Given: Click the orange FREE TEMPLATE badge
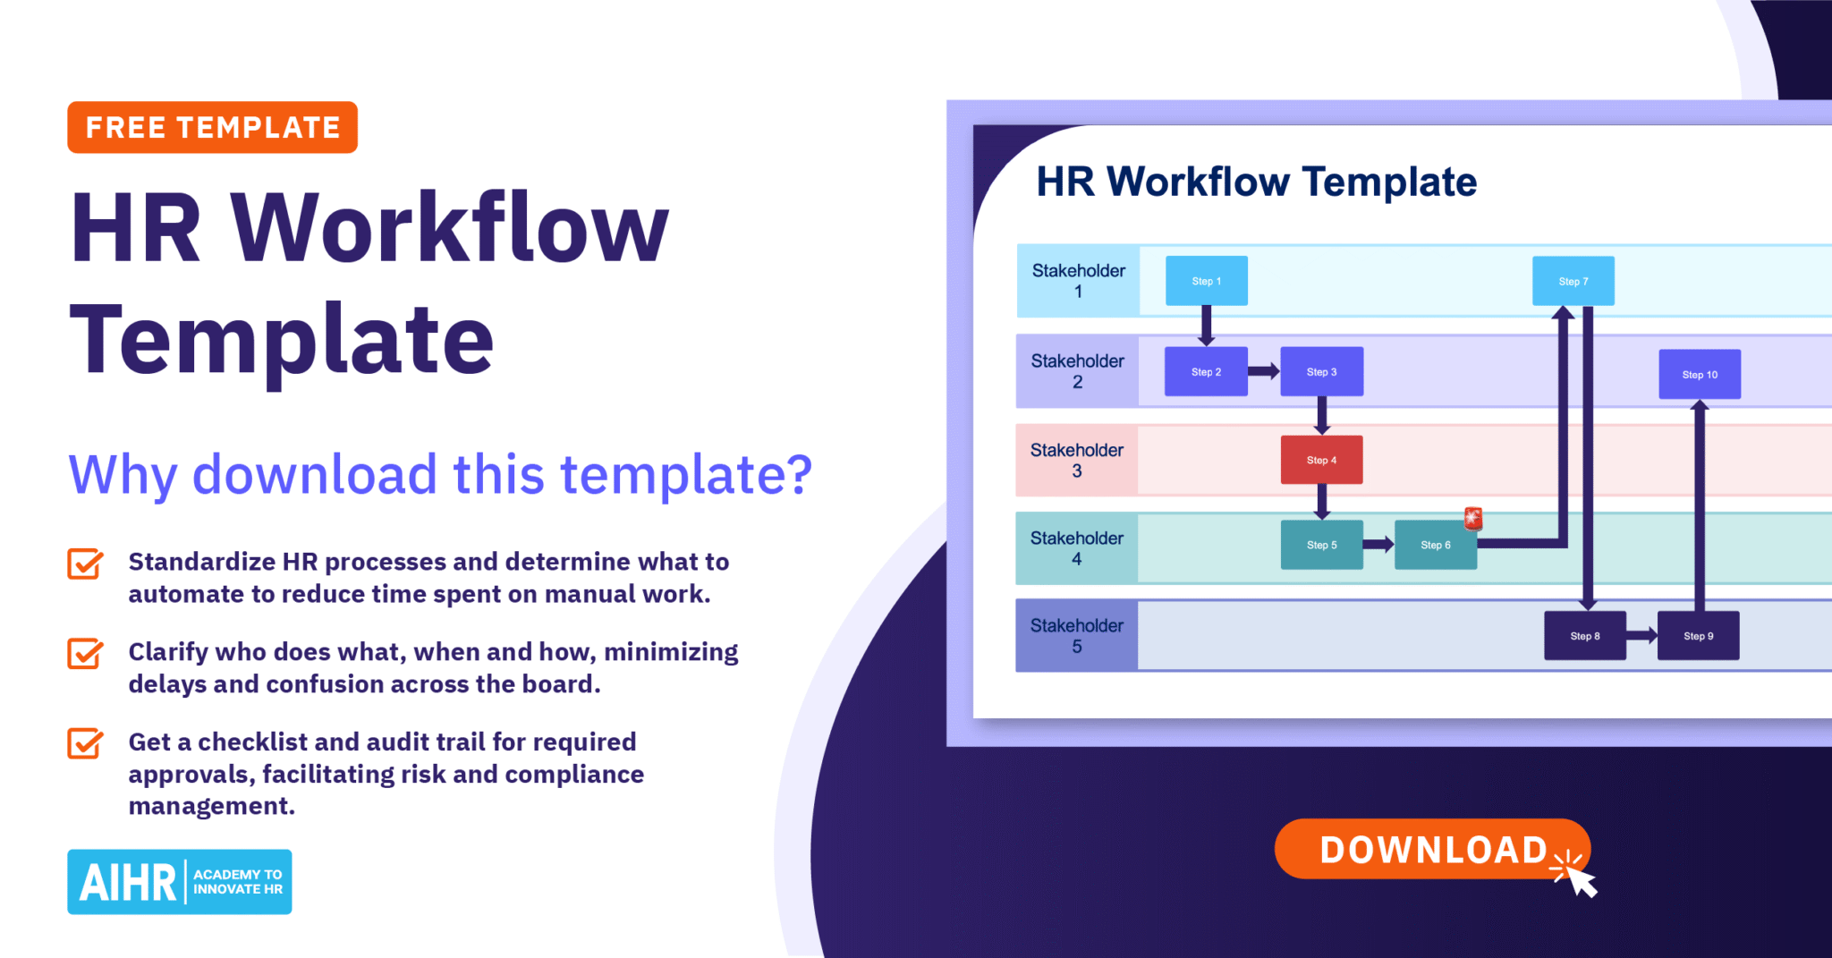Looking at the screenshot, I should pyautogui.click(x=212, y=127).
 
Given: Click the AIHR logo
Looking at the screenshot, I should pyautogui.click(x=179, y=881).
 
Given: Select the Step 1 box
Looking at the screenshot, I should pyautogui.click(x=1206, y=281).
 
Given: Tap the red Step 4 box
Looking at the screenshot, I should pyautogui.click(x=1321, y=460).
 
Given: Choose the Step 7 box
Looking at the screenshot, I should pyautogui.click(x=1573, y=281).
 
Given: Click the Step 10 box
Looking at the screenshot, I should pyautogui.click(x=1699, y=374).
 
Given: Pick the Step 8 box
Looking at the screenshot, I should pyautogui.click(x=1584, y=636).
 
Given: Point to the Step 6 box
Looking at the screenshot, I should pyautogui.click(x=1435, y=545).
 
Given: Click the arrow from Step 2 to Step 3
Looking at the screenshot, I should pyautogui.click(x=1263, y=371).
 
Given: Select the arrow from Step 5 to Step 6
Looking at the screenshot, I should pyautogui.click(x=1378, y=544).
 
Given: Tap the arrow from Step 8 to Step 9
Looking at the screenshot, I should pyautogui.click(x=1641, y=635).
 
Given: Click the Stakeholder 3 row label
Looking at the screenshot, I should pyautogui.click(x=1076, y=460).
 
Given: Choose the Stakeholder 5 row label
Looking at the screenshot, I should pyautogui.click(x=1076, y=635).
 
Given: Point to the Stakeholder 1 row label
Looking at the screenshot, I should pyautogui.click(x=1078, y=281).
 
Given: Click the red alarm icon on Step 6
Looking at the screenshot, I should pyautogui.click(x=1473, y=518).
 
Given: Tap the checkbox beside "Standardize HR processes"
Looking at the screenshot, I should pyautogui.click(x=85, y=564).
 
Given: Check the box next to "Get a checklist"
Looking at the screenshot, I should pyautogui.click(x=85, y=743).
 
